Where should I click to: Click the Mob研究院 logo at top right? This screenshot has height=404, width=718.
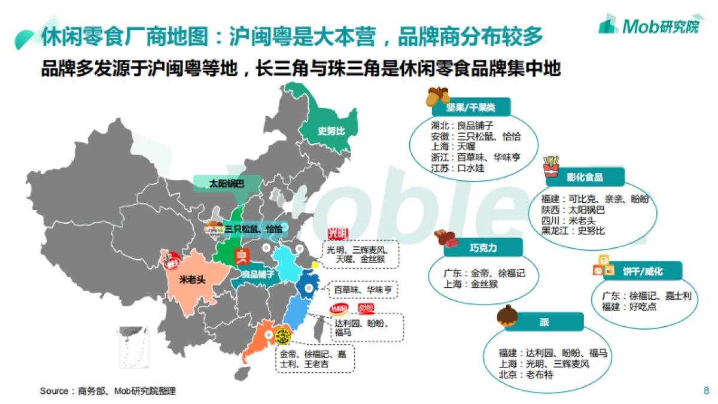pos(649,25)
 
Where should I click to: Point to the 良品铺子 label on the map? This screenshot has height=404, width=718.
pos(258,274)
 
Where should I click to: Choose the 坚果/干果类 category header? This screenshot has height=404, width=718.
pos(470,108)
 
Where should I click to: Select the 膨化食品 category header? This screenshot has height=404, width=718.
pos(585,177)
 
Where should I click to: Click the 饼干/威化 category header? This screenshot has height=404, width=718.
pos(643,271)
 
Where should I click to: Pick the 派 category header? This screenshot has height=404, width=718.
pos(543,322)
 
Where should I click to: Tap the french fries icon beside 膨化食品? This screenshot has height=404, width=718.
pos(550,166)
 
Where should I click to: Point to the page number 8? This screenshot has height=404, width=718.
pos(706,391)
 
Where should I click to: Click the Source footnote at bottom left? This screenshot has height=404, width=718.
pos(108,391)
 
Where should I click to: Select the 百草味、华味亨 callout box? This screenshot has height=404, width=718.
pos(363,289)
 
